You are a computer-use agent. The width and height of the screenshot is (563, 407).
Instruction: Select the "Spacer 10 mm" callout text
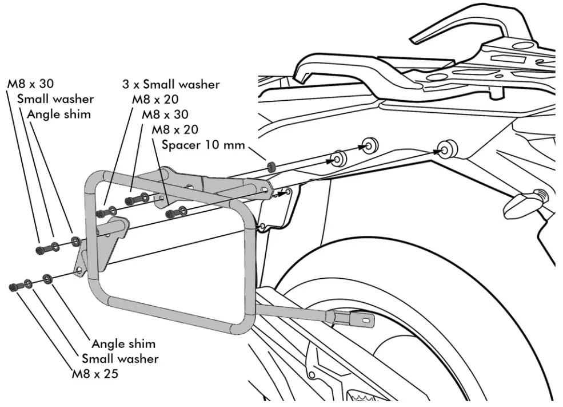[x=203, y=145]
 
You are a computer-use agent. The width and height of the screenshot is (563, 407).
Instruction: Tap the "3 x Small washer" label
[x=171, y=84]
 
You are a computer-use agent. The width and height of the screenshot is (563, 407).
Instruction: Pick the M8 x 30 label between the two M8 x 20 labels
[x=165, y=114]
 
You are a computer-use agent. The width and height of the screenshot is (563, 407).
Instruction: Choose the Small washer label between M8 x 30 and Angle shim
[x=55, y=99]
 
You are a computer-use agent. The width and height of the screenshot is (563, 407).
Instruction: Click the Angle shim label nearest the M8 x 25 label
[x=123, y=344]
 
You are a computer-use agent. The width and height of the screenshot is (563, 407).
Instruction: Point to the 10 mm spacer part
[x=272, y=167]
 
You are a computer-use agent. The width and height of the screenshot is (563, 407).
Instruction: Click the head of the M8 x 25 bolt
[x=13, y=286]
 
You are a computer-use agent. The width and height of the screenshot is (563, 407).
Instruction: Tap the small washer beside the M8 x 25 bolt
[x=27, y=283]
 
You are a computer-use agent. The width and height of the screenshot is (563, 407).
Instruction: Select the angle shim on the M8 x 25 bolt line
[x=47, y=279]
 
